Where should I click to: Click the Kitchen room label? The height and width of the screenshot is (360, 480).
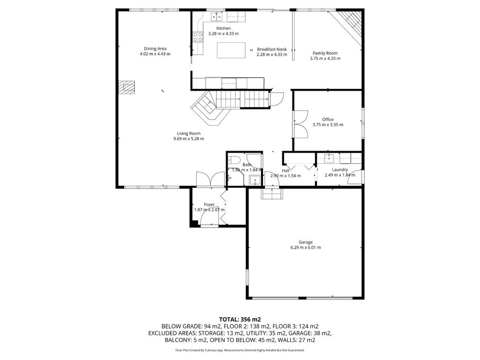[224, 28]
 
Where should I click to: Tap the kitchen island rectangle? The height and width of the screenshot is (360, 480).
[231, 50]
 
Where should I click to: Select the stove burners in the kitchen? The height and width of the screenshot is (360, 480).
[198, 37]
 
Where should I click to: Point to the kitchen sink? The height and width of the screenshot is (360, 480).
[217, 16]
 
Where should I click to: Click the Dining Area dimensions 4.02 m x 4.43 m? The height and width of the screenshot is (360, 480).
[155, 54]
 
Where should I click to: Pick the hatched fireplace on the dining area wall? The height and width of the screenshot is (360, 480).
[127, 88]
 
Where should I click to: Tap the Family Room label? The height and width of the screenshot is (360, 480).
[325, 53]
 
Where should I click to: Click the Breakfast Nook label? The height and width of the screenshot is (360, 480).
[272, 49]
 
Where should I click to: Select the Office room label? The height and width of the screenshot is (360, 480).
[328, 120]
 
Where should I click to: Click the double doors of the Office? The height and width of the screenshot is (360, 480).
[300, 124]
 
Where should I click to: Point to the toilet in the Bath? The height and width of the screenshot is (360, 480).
[234, 160]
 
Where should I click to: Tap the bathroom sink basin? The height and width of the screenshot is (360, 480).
[255, 180]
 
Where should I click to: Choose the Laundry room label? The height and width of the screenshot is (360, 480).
[340, 169]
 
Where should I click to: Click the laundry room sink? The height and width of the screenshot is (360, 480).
[329, 157]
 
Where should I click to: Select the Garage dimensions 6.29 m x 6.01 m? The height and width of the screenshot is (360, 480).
[306, 247]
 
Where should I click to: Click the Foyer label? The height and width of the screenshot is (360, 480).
[209, 204]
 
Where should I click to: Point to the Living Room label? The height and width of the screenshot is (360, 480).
[189, 133]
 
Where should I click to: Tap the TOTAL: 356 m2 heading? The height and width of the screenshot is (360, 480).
[240, 320]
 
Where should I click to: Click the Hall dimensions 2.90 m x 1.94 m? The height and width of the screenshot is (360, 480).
[286, 176]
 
